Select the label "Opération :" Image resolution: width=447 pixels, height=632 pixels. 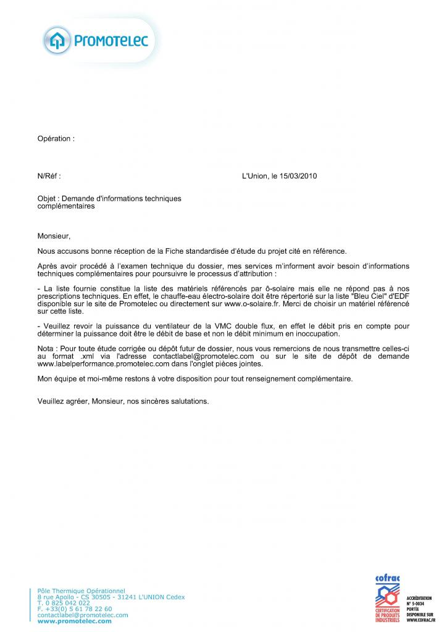(x=56, y=139)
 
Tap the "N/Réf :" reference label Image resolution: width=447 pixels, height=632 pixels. (x=49, y=176)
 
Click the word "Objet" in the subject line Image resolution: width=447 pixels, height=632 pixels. (x=46, y=199)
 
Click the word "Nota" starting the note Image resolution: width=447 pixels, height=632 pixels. (x=47, y=349)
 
